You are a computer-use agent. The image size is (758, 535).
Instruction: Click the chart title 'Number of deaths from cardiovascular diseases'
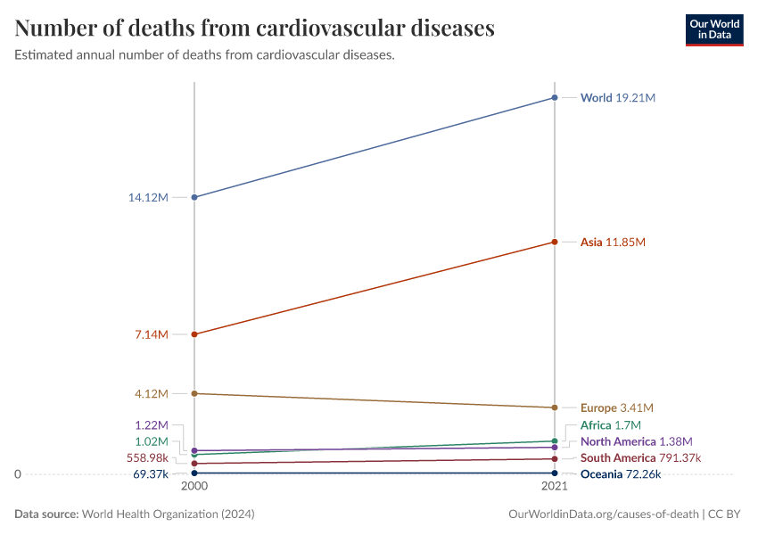pyautogui.click(x=254, y=29)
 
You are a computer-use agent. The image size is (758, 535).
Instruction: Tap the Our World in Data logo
pyautogui.click(x=713, y=29)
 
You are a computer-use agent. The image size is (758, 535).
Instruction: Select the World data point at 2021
pyautogui.click(x=555, y=97)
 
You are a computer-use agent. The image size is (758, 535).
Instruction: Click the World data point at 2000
pyautogui.click(x=194, y=197)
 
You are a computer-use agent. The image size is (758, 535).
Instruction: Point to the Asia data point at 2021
pyautogui.click(x=555, y=242)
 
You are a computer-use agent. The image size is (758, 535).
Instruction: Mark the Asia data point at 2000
pyautogui.click(x=194, y=334)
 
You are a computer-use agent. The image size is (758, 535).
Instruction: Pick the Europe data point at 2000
pyautogui.click(x=194, y=393)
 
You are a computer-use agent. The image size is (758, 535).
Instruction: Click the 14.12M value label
pyautogui.click(x=148, y=197)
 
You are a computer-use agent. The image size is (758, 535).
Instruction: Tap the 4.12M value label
pyautogui.click(x=151, y=393)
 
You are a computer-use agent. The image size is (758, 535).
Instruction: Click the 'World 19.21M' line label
pyautogui.click(x=617, y=97)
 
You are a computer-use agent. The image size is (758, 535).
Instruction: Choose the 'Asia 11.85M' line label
pyautogui.click(x=612, y=242)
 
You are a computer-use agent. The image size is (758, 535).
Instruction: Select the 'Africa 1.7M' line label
pyautogui.click(x=610, y=425)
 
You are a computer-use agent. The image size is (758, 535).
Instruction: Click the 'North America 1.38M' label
pyautogui.click(x=636, y=441)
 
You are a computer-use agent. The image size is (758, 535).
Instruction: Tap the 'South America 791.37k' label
pyautogui.click(x=640, y=458)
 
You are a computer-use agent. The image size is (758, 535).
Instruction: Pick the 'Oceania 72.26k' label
pyautogui.click(x=620, y=474)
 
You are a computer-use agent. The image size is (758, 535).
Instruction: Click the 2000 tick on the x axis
pyautogui.click(x=194, y=488)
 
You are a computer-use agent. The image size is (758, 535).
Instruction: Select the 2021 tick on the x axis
pyautogui.click(x=555, y=488)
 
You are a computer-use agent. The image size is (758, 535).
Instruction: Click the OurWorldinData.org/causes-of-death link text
pyautogui.click(x=603, y=514)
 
